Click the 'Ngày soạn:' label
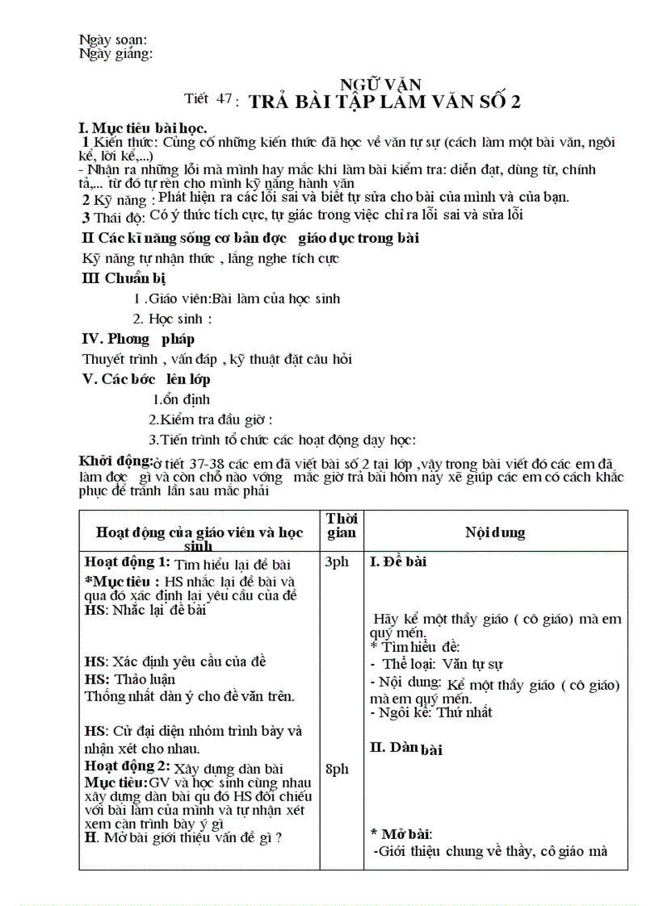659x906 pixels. click(x=113, y=40)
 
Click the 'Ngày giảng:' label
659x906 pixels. click(x=116, y=54)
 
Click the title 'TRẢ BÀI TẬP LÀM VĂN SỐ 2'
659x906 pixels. click(x=384, y=102)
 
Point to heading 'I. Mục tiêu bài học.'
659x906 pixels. click(x=142, y=127)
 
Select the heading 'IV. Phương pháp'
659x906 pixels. click(x=138, y=339)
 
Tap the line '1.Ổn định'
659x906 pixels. click(x=181, y=399)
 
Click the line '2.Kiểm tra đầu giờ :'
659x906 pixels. click(x=211, y=420)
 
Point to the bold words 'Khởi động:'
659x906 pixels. click(x=115, y=461)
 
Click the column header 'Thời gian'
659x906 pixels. click(x=342, y=525)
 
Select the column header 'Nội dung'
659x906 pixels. click(x=494, y=532)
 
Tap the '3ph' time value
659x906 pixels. click(x=337, y=562)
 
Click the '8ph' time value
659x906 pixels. click(x=337, y=770)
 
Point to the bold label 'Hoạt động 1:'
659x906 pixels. click(x=128, y=562)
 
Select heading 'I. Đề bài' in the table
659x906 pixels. click(x=398, y=562)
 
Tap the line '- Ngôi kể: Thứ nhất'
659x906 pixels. click(x=430, y=712)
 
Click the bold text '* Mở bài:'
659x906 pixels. click(x=401, y=833)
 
